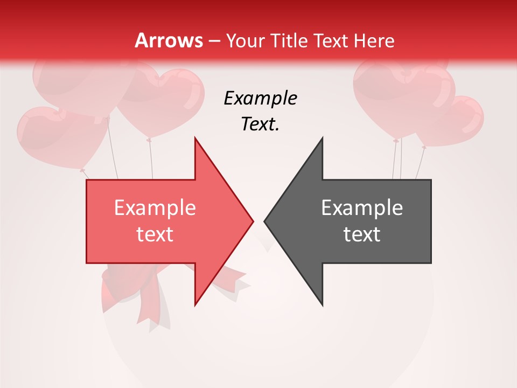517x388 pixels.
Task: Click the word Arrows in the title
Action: click(169, 40)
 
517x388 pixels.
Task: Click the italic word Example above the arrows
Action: click(260, 98)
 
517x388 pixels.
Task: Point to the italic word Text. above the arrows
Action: click(260, 124)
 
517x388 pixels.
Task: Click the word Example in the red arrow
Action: click(155, 207)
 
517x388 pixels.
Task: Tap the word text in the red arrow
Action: click(155, 234)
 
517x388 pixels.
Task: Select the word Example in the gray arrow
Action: click(362, 207)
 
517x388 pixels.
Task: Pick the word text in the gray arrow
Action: click(362, 234)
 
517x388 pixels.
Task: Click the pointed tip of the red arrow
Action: click(252, 221)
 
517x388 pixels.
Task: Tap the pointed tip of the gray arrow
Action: click(266, 221)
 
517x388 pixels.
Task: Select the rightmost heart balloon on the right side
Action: click(458, 120)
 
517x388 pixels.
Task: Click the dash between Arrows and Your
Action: click(214, 41)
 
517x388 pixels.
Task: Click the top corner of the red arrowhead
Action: click(195, 139)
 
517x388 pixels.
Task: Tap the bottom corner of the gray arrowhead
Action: click(322, 304)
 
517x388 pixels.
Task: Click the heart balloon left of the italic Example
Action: click(162, 97)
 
